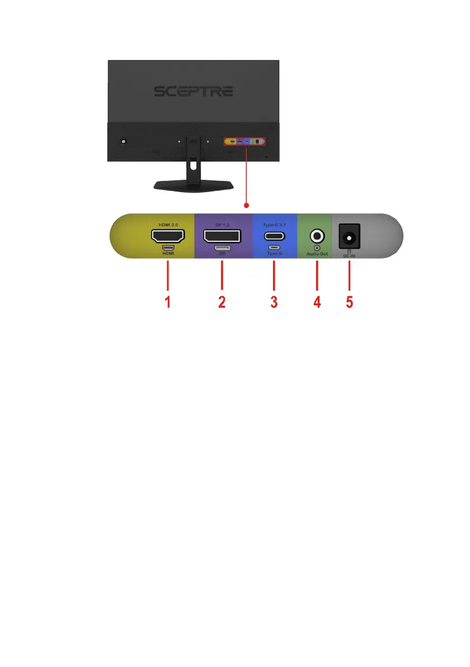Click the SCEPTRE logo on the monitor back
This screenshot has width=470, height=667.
194,91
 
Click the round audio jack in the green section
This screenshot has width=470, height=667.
317,236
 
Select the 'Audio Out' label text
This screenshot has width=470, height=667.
317,254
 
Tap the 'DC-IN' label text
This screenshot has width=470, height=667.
349,256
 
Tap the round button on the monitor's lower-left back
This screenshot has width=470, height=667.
123,142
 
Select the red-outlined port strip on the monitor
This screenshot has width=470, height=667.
245,142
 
